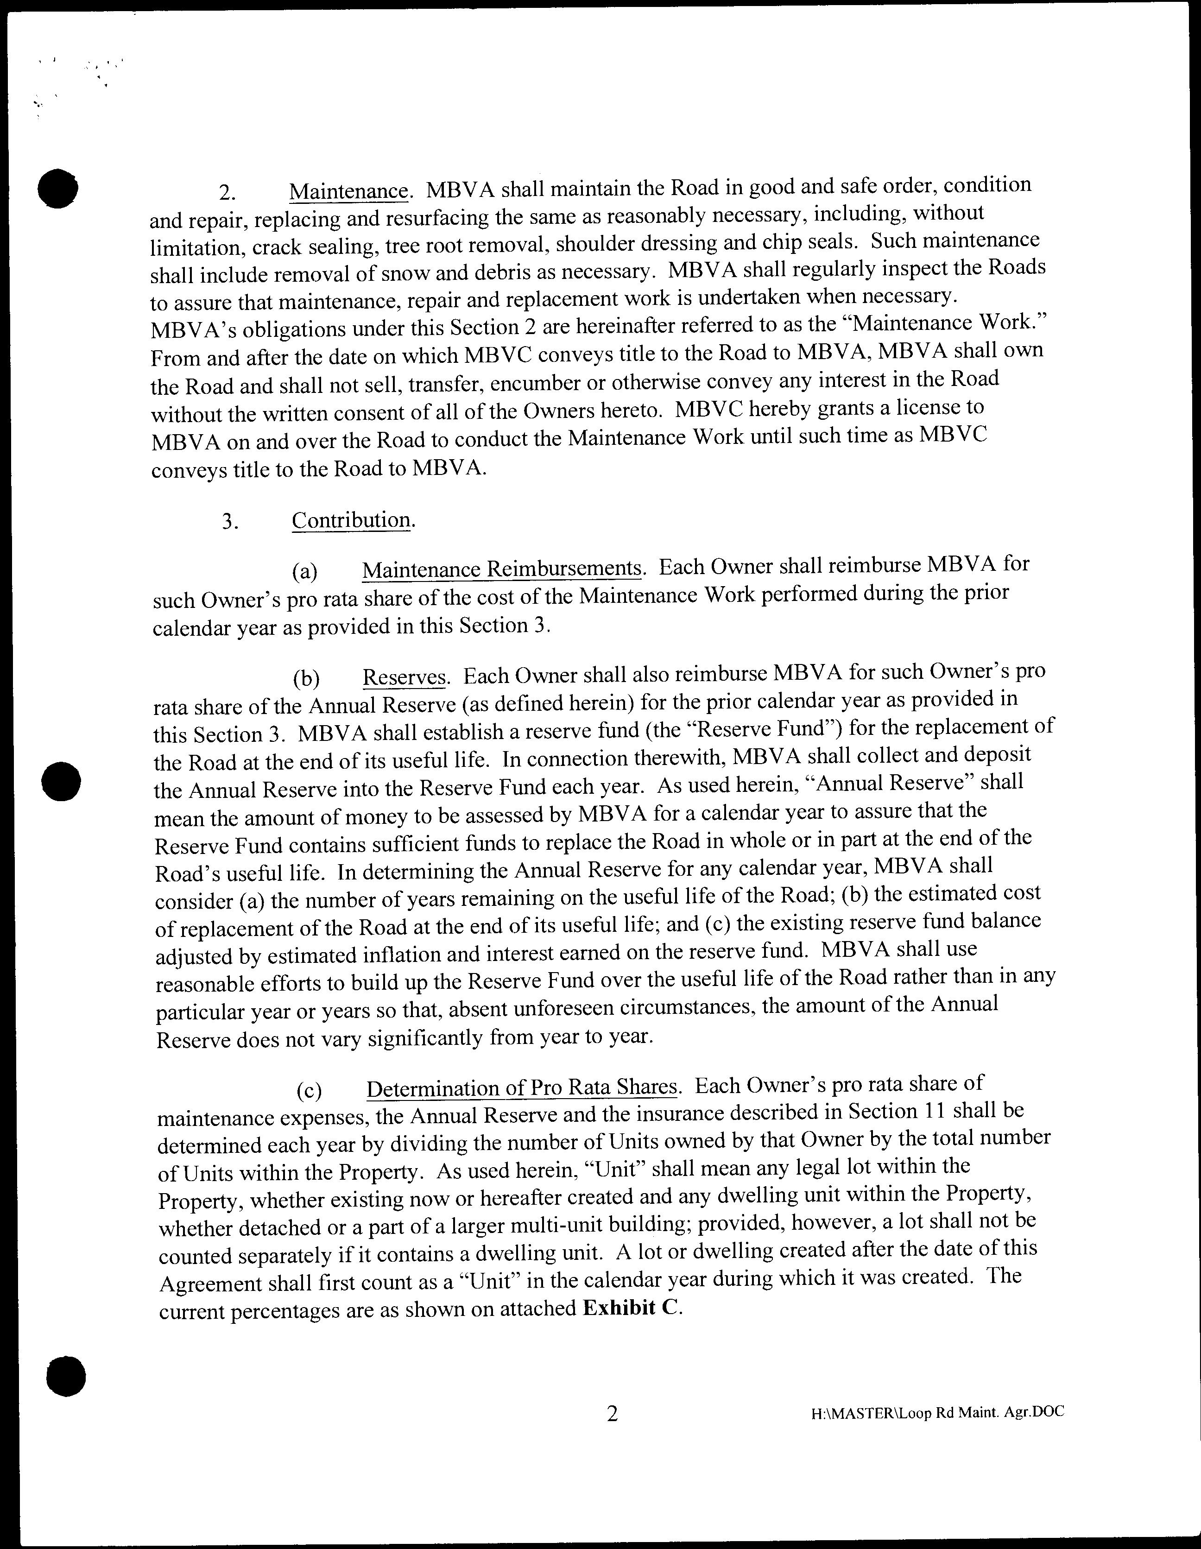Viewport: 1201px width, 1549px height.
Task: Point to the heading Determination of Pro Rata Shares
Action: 523,1088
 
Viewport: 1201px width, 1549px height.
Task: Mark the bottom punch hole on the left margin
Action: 65,1376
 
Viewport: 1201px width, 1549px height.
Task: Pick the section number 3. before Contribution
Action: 230,522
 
